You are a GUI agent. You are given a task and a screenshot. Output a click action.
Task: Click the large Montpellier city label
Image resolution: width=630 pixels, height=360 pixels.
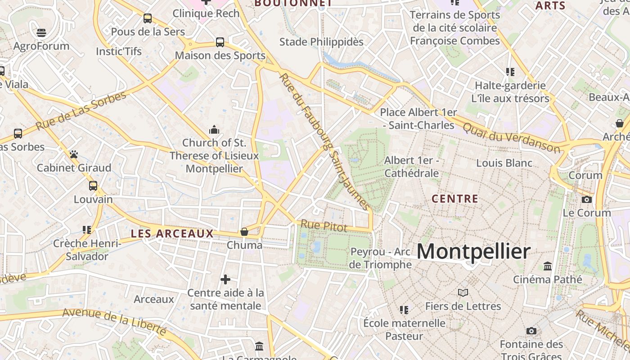point(473,251)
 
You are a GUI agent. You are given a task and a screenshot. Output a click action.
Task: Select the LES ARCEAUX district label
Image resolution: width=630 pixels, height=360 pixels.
point(172,234)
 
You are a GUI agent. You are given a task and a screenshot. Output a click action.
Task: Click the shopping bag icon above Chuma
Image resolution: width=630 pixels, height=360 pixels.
point(244,232)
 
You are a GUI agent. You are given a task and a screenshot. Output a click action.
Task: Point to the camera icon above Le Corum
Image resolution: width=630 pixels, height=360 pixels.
point(587,199)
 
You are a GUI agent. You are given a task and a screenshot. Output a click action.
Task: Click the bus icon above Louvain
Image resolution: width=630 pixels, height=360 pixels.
point(93,185)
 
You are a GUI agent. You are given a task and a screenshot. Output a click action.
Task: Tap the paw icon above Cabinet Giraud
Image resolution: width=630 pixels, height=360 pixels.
point(74,154)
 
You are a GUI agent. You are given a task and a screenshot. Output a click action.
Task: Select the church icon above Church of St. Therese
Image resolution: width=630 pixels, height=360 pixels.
point(214,130)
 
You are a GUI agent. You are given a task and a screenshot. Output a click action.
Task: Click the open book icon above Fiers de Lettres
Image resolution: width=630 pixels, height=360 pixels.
point(463,293)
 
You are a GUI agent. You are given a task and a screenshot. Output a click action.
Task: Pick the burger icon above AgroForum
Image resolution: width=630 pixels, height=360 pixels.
point(41,33)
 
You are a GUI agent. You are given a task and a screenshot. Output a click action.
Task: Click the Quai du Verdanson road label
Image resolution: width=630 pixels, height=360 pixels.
point(512,138)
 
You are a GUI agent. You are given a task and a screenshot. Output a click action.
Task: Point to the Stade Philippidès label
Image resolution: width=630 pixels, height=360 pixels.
point(321,42)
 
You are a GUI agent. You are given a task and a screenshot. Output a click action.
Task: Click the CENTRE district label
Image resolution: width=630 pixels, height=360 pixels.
point(454,198)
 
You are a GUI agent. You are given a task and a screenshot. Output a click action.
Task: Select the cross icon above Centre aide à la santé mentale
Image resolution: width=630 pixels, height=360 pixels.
point(225,279)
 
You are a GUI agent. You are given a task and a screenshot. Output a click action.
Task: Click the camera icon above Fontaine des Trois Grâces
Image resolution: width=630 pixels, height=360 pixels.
point(531,331)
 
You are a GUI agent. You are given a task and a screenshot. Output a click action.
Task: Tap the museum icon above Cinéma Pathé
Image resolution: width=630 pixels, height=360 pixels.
point(548,266)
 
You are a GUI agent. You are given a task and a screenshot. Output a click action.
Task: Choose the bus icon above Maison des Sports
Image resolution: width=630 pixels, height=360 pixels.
point(220,42)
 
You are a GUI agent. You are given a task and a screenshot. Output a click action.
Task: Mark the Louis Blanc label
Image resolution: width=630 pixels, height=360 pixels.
point(504,163)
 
